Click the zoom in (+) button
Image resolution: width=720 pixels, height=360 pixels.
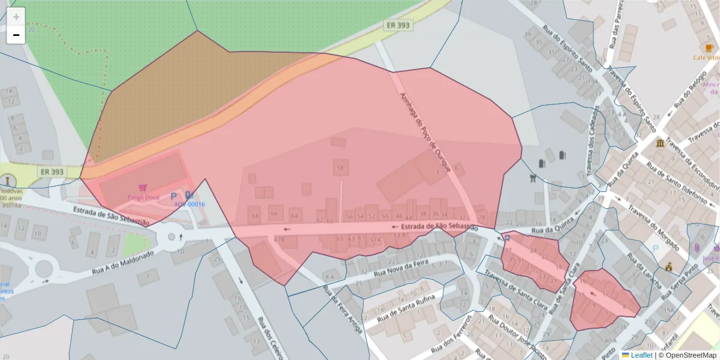[x=16, y=17]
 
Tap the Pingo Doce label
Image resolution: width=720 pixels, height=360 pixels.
[x=143, y=197]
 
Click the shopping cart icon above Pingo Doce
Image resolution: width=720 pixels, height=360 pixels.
[x=143, y=188]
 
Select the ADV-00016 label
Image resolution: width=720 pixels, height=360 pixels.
[x=190, y=205]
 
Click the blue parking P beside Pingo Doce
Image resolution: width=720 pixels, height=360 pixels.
[x=174, y=196]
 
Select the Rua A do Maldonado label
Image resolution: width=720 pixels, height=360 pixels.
[x=122, y=262]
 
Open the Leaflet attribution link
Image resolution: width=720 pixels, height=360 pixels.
[x=641, y=355]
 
